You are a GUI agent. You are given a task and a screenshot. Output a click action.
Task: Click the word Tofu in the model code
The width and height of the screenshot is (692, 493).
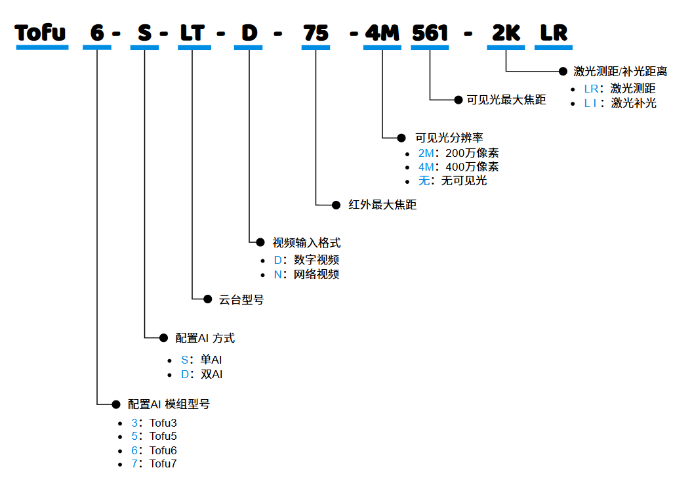pos(41,33)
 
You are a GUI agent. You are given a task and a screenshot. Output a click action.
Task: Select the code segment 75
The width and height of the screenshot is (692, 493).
pos(316,33)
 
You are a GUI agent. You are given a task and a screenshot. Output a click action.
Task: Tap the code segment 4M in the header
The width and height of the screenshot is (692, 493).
pos(382,33)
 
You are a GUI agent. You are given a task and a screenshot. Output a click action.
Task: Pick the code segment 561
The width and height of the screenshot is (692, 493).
pos(430,33)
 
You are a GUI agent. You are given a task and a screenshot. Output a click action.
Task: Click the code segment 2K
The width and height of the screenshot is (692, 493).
pos(506,33)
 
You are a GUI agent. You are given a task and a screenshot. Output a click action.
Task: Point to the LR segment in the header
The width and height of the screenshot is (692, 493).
pos(554,33)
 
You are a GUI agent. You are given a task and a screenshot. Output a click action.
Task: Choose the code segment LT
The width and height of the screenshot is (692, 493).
pos(193,33)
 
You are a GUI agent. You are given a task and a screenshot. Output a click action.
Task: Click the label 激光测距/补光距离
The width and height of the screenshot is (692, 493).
pos(620,71)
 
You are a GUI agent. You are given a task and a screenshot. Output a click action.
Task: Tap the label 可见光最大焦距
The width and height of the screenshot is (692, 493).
pos(506,100)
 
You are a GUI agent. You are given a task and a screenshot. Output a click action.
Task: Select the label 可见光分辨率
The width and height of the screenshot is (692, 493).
pos(449,138)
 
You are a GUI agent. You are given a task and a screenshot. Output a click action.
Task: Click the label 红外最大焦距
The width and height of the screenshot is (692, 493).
pos(383,205)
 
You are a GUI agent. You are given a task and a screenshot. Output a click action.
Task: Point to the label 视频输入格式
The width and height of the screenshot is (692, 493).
pos(306,243)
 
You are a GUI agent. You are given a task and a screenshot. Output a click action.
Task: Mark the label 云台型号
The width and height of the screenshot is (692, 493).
pos(241,299)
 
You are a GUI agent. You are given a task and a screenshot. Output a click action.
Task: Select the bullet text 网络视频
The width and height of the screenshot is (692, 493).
pos(316,274)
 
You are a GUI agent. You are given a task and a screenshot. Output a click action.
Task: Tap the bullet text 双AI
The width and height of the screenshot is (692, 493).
pos(211,374)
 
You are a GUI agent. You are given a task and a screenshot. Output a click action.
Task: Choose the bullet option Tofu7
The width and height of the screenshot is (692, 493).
pos(163,464)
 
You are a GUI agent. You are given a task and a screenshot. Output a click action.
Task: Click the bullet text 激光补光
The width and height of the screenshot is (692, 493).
pos(634,103)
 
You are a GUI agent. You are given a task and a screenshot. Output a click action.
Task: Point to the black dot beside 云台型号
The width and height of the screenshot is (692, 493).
pos(207,299)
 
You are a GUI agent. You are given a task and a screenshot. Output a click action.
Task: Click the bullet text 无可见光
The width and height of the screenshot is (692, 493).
pos(464,181)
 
